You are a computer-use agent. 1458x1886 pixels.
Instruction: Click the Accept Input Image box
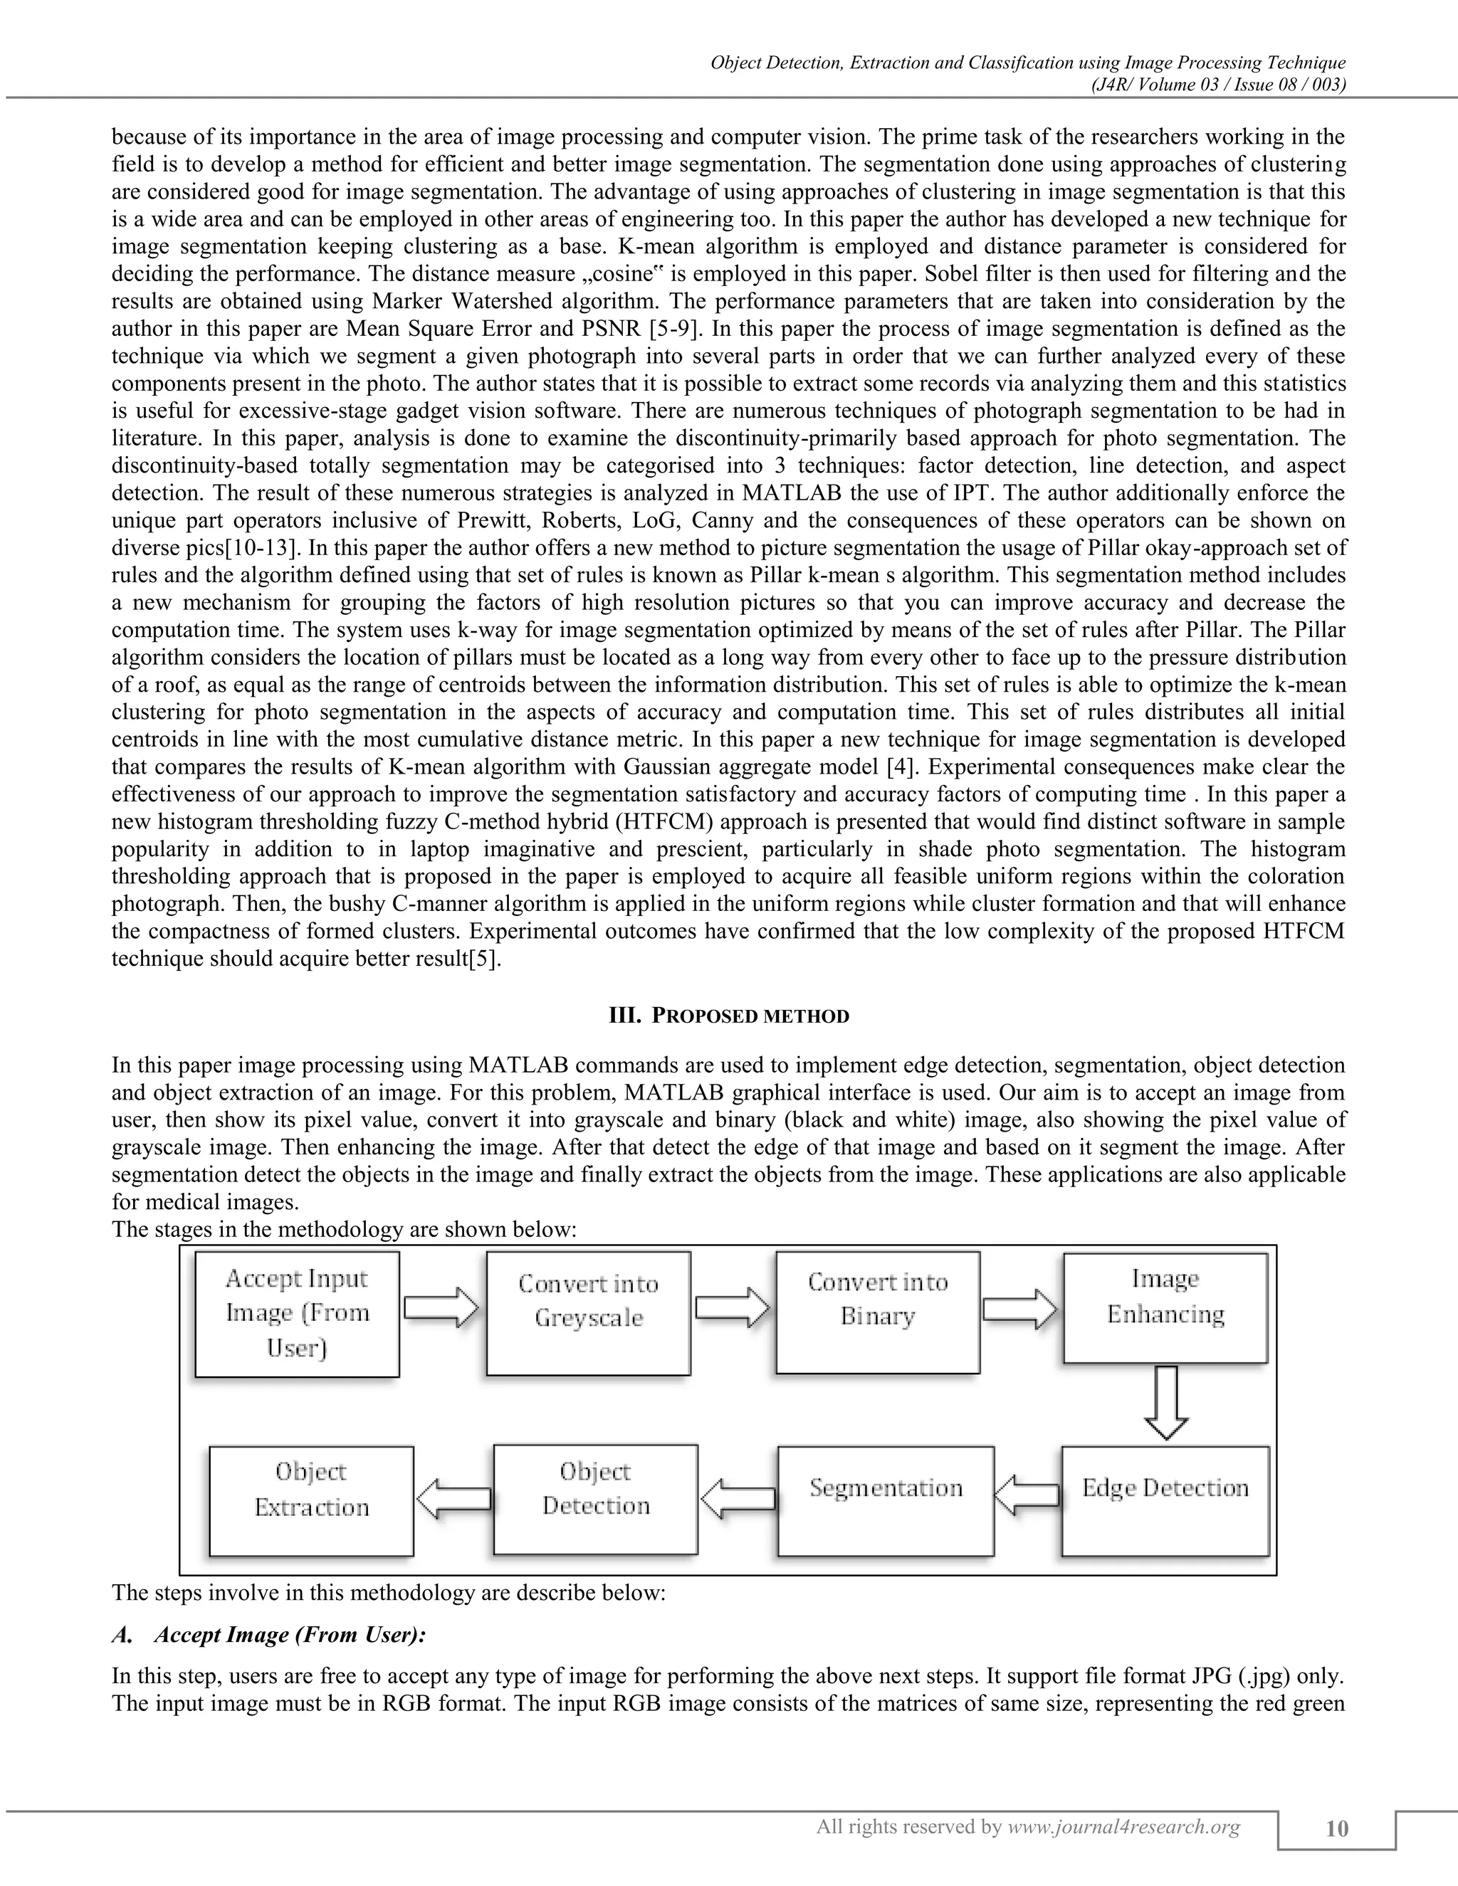(297, 1314)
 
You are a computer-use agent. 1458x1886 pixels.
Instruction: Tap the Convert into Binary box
(878, 1312)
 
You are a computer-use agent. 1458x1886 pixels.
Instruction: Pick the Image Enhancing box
(1165, 1308)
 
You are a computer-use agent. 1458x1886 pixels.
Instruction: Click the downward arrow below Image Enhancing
(1166, 1403)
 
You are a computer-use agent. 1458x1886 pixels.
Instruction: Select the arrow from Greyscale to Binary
(733, 1308)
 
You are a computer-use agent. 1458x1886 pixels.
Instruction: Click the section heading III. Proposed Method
(729, 1016)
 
